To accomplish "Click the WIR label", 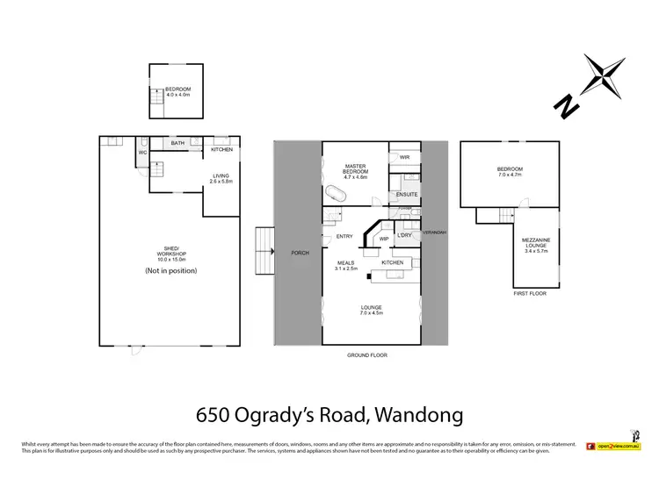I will [404, 158].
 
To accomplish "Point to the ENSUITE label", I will [406, 194].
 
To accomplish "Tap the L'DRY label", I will [405, 236].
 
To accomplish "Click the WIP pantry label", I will [384, 238].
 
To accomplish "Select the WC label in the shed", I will [141, 153].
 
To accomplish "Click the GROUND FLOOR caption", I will [367, 355].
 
